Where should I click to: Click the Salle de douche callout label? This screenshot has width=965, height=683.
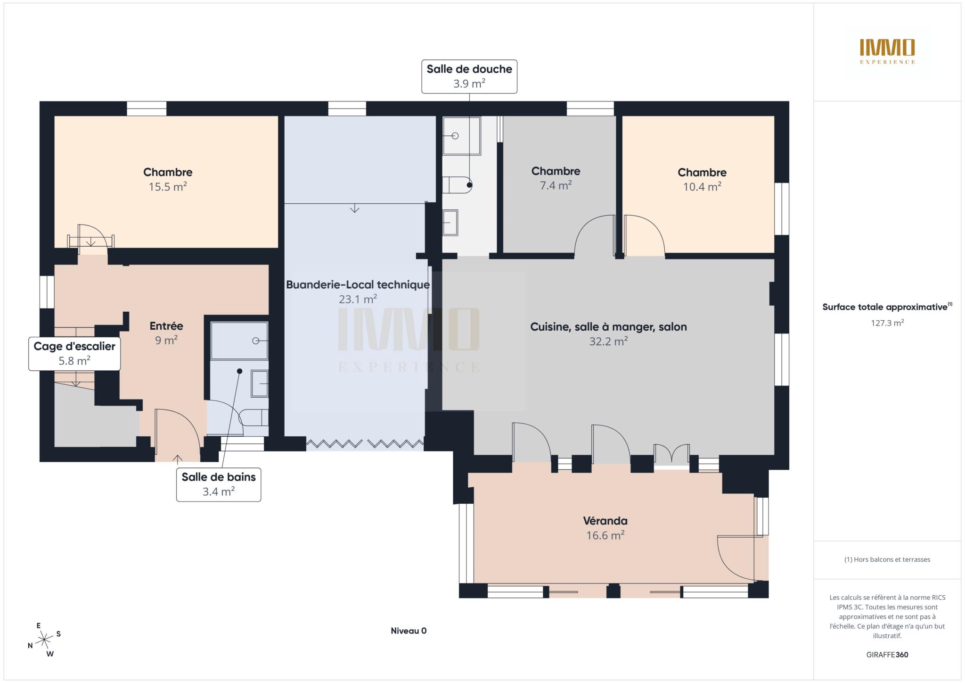pos(469,76)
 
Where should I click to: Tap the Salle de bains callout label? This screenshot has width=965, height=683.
pos(219,484)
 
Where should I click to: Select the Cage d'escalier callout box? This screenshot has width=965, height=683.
pos(74,354)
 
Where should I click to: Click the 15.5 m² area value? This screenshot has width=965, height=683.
pos(168,187)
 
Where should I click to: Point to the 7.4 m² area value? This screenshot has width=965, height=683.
pos(556,185)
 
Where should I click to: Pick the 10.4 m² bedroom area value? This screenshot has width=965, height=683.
pos(702,187)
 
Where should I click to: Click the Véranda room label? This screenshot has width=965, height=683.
pos(605,521)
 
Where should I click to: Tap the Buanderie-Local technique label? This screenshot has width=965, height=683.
pos(358,284)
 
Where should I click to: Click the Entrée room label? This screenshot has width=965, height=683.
pos(166,325)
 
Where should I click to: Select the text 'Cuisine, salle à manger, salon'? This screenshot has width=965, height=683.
pos(608,327)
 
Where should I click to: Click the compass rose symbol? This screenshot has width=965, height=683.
pos(44,640)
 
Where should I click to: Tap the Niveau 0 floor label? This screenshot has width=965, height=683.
pos(409,631)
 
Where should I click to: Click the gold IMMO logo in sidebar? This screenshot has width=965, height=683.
pos(887,51)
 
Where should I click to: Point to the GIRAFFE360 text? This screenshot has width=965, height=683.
pos(887,655)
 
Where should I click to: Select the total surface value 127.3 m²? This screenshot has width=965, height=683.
pos(887,323)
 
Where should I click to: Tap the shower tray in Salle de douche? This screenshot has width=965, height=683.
pos(461,136)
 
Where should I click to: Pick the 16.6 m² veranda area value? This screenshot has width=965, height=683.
pos(605,535)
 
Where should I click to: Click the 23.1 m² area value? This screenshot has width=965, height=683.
pos(358,299)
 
